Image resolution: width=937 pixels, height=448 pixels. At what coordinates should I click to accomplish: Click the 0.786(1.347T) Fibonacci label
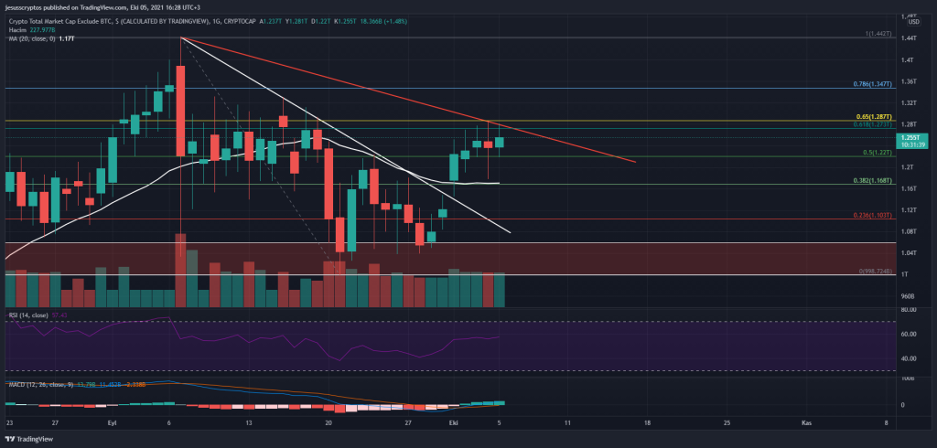click(x=870, y=83)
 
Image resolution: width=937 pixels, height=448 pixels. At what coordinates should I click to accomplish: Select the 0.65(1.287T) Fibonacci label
click(x=872, y=117)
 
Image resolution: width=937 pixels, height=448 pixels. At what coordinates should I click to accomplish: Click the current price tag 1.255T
click(x=912, y=136)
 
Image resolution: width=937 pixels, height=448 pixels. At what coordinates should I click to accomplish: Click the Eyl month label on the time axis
click(x=113, y=423)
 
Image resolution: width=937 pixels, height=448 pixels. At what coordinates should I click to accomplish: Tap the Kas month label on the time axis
click(x=806, y=423)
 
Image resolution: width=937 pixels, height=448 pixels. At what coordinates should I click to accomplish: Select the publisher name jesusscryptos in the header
click(x=30, y=6)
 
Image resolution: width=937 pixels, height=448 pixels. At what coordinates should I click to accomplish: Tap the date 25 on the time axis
click(x=727, y=423)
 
